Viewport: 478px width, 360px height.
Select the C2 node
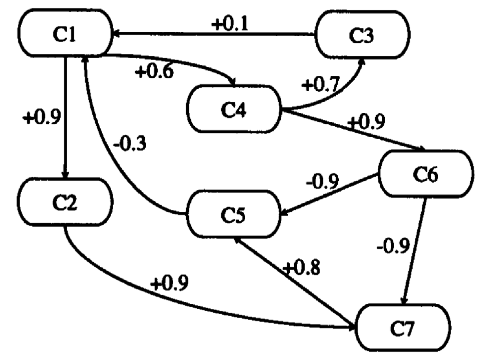pos(65,202)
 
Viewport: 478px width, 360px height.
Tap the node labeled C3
pos(362,35)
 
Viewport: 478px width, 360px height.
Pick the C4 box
pos(234,109)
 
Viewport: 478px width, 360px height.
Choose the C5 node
pos(234,215)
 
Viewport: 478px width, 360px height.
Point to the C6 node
pos(425,174)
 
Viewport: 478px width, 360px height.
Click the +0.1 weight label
pos(230,24)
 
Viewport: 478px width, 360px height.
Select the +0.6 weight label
pos(155,71)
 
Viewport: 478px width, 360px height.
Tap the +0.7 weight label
pos(320,84)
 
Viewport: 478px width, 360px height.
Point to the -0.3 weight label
pos(130,143)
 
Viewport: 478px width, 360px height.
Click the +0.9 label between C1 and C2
pos(42,117)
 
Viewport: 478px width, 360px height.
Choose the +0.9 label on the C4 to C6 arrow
pos(366,122)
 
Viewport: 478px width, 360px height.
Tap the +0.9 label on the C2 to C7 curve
pos(169,284)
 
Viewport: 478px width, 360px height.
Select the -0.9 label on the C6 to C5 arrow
pos(322,181)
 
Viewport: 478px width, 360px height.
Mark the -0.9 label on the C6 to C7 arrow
pos(393,246)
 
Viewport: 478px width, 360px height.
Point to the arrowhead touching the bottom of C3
pos(362,62)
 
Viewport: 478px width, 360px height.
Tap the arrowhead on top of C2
pos(66,174)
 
